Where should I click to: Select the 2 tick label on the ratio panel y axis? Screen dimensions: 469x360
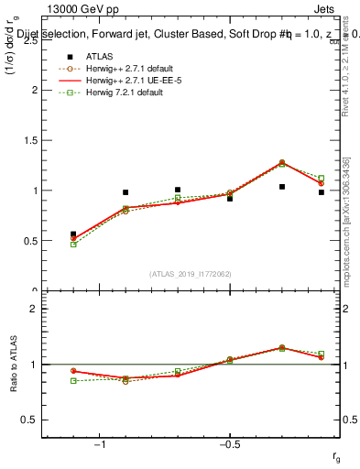(35, 309)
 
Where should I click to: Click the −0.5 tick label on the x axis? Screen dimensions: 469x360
(228, 444)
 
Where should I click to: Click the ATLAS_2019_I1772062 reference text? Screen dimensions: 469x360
(191, 273)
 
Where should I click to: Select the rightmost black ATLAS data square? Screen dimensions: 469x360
(322, 192)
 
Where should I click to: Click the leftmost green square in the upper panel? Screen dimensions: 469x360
(73, 245)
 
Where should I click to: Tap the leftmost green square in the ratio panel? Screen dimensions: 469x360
(73, 380)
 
